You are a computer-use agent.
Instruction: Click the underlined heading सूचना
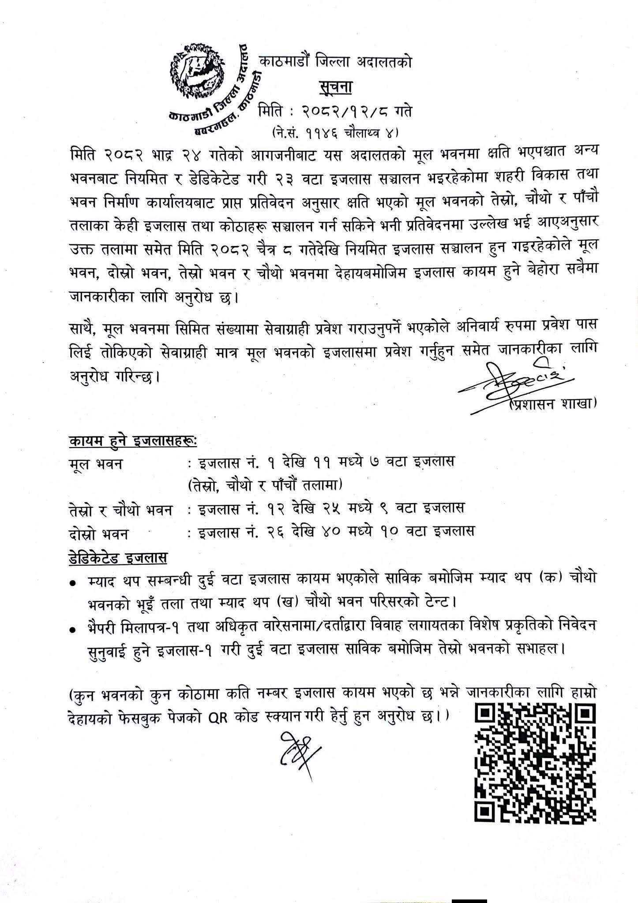point(335,88)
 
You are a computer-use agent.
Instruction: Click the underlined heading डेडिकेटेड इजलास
point(118,557)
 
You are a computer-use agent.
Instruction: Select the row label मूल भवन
point(96,464)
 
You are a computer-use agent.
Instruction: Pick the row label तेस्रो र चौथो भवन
point(120,511)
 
